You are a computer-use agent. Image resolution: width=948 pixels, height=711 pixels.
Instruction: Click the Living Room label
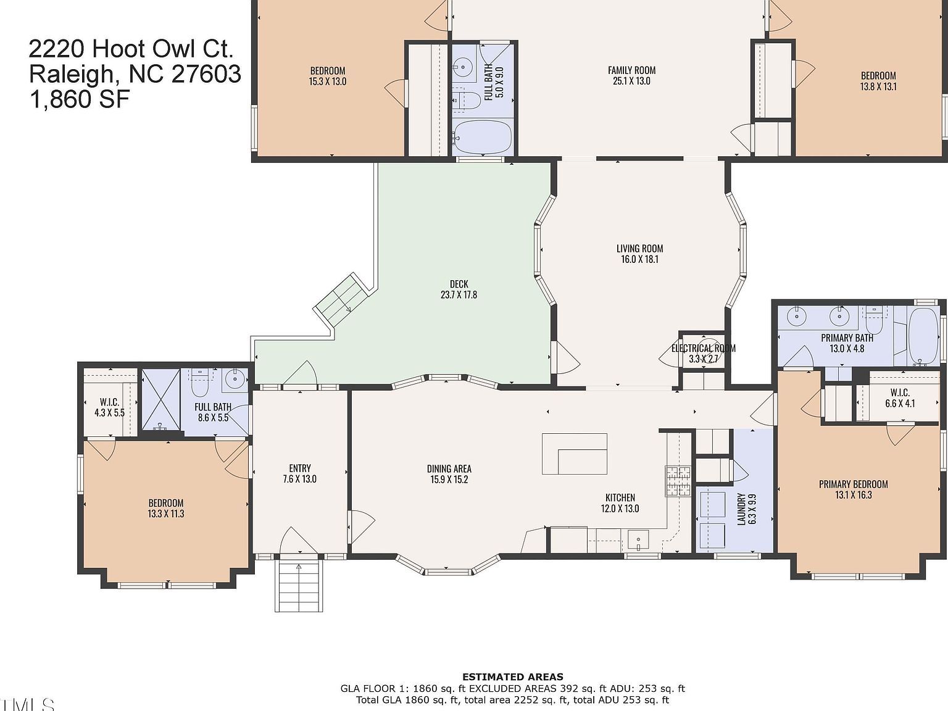639,254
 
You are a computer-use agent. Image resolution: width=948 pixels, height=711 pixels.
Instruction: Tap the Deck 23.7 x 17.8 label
459,289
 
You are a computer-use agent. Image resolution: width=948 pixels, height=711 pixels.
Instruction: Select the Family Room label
631,75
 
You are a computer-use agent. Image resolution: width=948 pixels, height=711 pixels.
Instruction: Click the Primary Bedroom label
853,489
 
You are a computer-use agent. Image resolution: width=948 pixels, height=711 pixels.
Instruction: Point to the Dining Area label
449,474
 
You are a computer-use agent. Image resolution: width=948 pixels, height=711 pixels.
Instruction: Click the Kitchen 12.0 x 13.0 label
620,503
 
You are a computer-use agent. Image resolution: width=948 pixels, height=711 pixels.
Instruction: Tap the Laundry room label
746,509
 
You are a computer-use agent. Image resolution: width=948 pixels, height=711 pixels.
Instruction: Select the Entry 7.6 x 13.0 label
300,473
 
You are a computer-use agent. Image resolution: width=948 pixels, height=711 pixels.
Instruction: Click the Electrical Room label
703,353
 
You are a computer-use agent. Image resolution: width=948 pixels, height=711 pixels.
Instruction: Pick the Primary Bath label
846,343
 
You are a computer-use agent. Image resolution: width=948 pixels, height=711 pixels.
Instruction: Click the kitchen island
575,454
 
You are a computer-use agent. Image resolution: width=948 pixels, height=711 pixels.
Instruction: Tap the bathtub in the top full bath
482,137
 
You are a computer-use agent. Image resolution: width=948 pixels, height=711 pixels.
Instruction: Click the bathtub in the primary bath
923,336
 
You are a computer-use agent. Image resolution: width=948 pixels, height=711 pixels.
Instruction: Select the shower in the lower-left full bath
160,400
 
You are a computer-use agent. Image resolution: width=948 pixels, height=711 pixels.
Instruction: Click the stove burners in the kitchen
677,482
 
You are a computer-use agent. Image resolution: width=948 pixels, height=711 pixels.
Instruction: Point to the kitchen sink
639,540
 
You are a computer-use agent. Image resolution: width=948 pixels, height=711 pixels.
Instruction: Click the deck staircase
339,301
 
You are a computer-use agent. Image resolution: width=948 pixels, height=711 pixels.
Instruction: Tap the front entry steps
299,586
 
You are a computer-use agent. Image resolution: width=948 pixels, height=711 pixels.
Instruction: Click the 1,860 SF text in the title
80,99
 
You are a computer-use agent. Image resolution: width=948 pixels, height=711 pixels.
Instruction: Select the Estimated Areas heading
512,677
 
